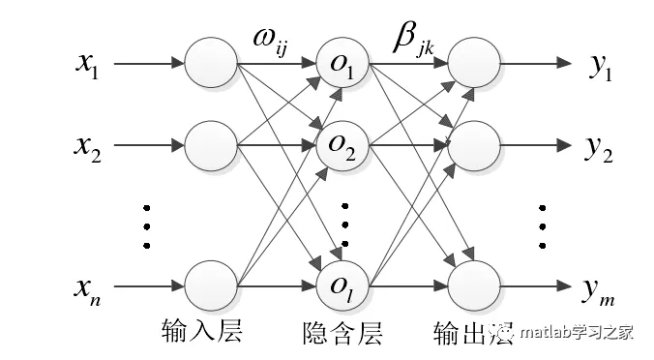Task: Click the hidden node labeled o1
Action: [343, 67]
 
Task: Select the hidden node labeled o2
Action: [343, 148]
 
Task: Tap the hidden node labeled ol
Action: [343, 285]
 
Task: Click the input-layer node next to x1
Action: [211, 66]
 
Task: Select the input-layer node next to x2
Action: [211, 147]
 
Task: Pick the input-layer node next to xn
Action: [211, 285]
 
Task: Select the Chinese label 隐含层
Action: [342, 334]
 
